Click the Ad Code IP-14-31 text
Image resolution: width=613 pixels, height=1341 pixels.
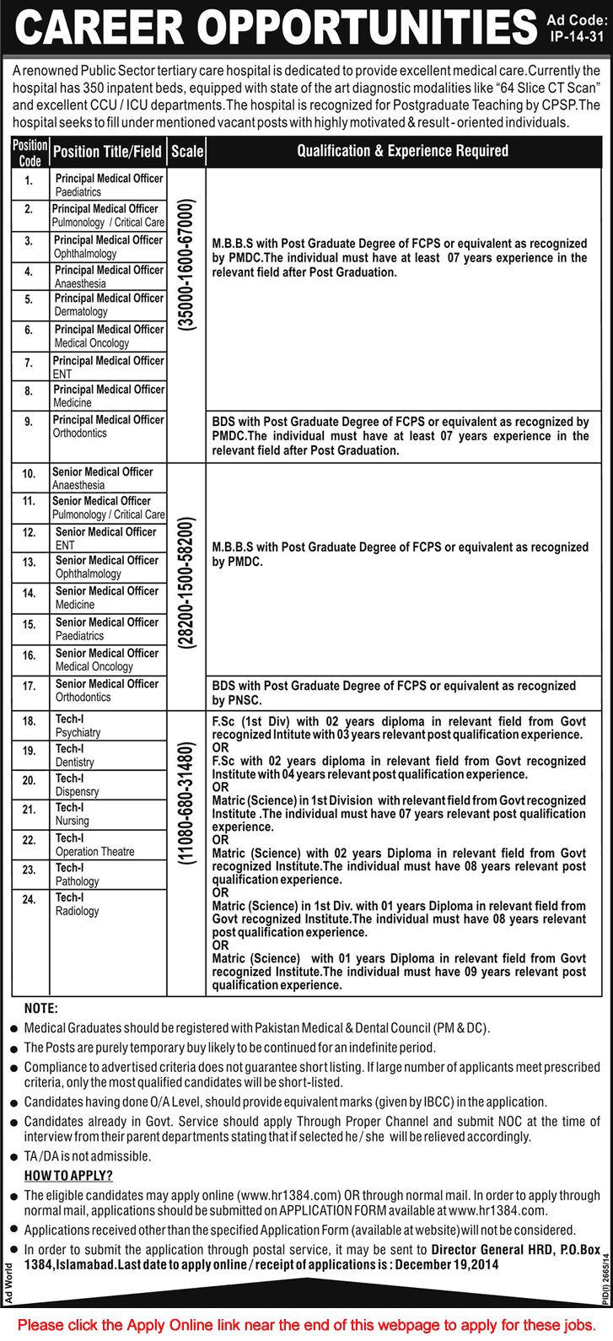[x=575, y=29]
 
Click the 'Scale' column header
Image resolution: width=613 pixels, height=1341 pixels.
[x=187, y=152]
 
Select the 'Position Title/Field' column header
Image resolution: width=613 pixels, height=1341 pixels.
[x=107, y=152]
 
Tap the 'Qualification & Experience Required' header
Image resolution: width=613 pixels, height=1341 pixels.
[x=402, y=151]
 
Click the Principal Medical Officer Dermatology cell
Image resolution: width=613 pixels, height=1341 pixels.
[x=109, y=304]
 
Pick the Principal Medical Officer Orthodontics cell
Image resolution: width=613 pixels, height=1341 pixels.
[x=109, y=426]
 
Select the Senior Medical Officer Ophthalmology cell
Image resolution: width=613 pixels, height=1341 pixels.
[x=107, y=567]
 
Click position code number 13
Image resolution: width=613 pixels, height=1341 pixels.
[x=30, y=563]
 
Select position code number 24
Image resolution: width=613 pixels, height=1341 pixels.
[x=30, y=900]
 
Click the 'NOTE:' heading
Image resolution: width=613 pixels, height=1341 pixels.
[x=41, y=1009]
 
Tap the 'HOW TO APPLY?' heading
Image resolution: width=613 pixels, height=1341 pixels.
[x=68, y=1176]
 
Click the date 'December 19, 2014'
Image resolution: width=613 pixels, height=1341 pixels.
[x=447, y=1264]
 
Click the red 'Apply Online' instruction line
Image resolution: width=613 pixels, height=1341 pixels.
[x=306, y=1324]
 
